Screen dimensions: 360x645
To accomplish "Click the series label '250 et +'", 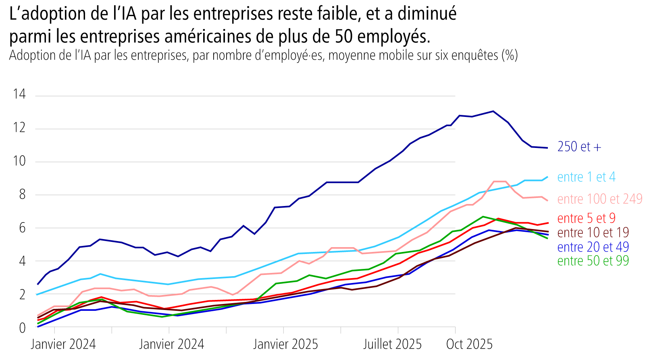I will point(579,147).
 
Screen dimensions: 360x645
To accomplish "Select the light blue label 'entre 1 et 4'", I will point(586,177).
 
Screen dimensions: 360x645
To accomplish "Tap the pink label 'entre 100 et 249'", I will point(599,199).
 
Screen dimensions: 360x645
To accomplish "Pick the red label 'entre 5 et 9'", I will point(586,218).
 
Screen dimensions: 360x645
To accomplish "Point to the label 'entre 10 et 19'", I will point(593,233).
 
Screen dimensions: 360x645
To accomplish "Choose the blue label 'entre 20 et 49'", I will point(593,247).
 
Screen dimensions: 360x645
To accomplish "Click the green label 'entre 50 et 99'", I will point(593,261).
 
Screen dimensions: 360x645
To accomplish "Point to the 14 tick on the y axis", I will point(19,94).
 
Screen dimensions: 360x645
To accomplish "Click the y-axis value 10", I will point(19,161).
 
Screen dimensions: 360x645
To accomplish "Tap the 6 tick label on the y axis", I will point(22,228).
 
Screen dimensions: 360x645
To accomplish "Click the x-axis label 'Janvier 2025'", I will point(285,344).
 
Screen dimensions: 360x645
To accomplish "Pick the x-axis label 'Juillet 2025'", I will point(392,344).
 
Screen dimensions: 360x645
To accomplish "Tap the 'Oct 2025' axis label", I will point(469,344).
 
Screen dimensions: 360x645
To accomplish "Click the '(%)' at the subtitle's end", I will point(510,55).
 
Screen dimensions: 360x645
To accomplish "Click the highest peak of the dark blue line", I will point(493,111).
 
